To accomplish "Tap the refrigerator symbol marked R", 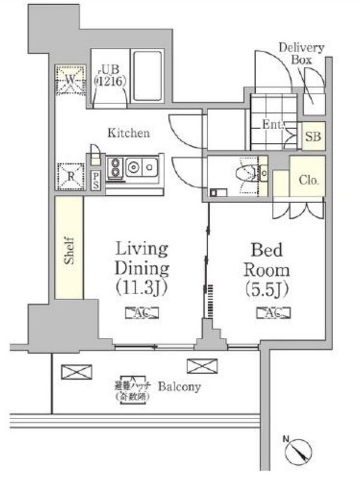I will point(70,177).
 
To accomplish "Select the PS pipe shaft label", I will point(96,181).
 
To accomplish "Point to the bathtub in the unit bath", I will point(147,77).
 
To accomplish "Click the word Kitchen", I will point(128,133).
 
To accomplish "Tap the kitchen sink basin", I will point(147,166).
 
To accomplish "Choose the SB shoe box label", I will point(313,137).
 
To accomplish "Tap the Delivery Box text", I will point(301,53).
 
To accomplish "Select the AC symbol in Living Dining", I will point(142,313).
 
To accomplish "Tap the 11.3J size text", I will point(142,289).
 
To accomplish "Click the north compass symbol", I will point(298,450).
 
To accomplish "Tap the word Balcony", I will point(179,387).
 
